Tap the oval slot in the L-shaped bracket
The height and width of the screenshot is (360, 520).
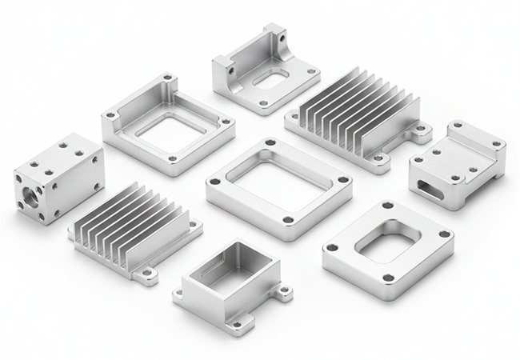[x=270, y=78]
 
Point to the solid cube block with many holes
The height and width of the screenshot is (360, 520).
[x=58, y=178]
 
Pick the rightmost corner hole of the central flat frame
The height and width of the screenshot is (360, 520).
[x=342, y=180]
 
